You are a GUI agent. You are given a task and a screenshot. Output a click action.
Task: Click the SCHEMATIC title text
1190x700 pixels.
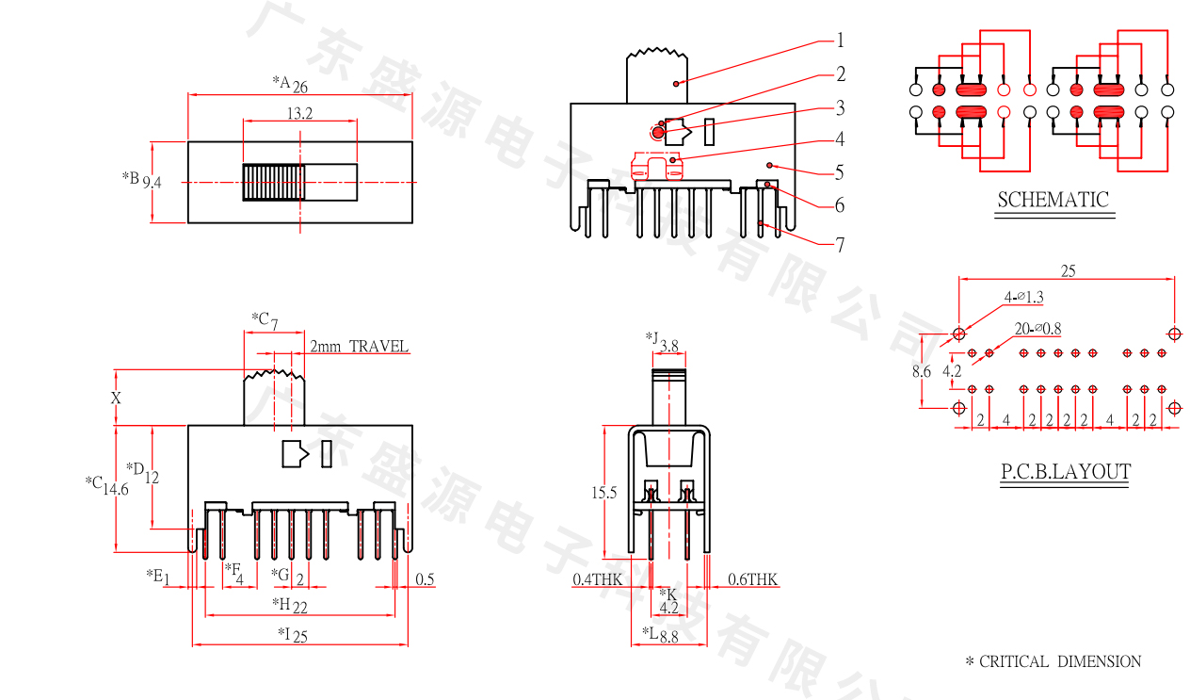point(1053,200)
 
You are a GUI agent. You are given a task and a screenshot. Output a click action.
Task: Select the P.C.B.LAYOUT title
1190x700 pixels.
point(1066,472)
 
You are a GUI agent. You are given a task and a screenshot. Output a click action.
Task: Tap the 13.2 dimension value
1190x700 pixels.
point(299,114)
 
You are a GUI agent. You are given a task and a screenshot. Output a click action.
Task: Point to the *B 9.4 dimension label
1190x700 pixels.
point(142,180)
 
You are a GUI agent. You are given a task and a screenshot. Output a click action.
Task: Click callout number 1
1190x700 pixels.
point(840,41)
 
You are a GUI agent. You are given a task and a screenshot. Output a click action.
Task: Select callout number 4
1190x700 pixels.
point(840,139)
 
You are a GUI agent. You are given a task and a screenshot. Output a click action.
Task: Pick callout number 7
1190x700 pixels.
point(840,245)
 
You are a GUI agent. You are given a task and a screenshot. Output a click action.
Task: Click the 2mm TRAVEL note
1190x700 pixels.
point(360,347)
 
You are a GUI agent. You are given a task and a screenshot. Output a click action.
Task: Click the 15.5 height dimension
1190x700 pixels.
point(603,493)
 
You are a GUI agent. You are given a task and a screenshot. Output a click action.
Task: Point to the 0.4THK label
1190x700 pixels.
point(597,579)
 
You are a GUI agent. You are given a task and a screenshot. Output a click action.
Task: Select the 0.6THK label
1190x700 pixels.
point(753,579)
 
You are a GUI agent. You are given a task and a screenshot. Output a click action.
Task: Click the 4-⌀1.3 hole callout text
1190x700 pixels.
point(1024,298)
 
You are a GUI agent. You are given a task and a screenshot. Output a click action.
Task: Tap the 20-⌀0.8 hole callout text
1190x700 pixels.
point(1038,329)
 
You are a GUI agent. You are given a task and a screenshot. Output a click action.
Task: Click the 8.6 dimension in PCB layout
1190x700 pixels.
point(921,371)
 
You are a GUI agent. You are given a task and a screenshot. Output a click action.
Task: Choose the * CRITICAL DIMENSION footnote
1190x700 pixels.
point(1053,662)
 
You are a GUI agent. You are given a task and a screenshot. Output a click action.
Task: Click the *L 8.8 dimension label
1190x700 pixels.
point(661,635)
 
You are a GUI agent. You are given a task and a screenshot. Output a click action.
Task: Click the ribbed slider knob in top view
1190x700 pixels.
point(273,182)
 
